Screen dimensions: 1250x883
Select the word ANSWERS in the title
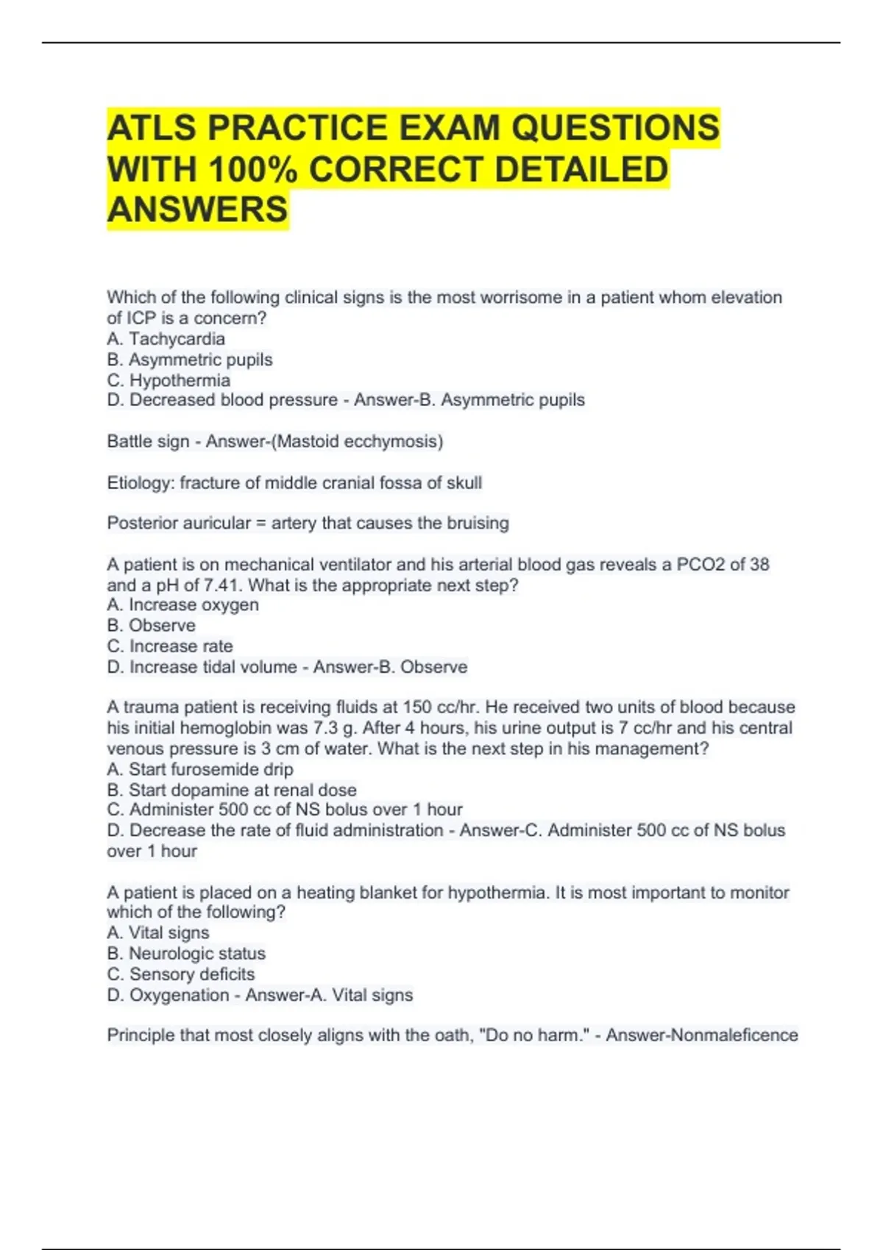click(197, 210)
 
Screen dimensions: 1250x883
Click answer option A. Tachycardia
click(166, 339)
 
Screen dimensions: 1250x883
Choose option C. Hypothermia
click(169, 380)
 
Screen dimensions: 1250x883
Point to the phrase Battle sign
click(148, 441)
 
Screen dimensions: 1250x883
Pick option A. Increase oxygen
click(182, 605)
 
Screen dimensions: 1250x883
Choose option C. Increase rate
click(170, 646)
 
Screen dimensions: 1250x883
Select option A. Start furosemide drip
click(200, 769)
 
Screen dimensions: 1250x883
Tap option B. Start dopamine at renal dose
click(232, 790)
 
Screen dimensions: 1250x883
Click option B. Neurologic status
click(186, 954)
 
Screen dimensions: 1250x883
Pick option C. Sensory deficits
click(181, 974)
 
